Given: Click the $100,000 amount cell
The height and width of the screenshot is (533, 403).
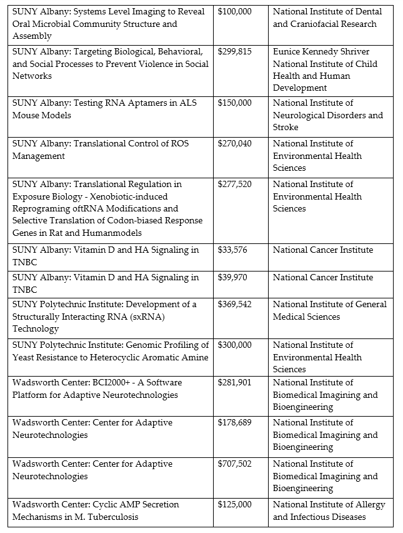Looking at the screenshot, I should tap(234, 12).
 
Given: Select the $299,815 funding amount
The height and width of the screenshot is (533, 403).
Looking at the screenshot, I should tap(234, 52).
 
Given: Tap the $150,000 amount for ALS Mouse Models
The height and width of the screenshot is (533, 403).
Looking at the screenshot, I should tap(234, 103).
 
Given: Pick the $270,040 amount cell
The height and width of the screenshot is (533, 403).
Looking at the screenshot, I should tap(234, 144).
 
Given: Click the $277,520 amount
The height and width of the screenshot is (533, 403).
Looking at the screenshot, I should tap(234, 185).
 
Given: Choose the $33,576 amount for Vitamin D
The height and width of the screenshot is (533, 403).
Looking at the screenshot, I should tap(232, 250).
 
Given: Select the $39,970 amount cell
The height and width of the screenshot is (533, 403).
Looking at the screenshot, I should tap(232, 278).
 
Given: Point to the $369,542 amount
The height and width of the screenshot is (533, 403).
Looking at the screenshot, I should tap(234, 305).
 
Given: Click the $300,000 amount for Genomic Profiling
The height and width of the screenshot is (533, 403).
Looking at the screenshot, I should tap(234, 345).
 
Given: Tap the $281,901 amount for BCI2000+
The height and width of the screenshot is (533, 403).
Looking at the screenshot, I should tap(234, 382).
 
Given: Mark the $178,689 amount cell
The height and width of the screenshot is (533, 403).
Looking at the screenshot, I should tap(234, 423).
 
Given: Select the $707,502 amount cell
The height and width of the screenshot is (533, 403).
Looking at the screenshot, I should tap(234, 464).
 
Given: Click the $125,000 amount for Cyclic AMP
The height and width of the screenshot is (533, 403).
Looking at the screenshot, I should tap(234, 505).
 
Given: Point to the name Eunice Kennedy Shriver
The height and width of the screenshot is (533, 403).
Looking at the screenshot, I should tap(321, 52).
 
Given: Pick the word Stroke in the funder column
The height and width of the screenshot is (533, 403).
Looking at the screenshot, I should tap(286, 128).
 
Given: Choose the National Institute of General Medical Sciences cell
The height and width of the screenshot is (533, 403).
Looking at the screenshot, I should tap(329, 310).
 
